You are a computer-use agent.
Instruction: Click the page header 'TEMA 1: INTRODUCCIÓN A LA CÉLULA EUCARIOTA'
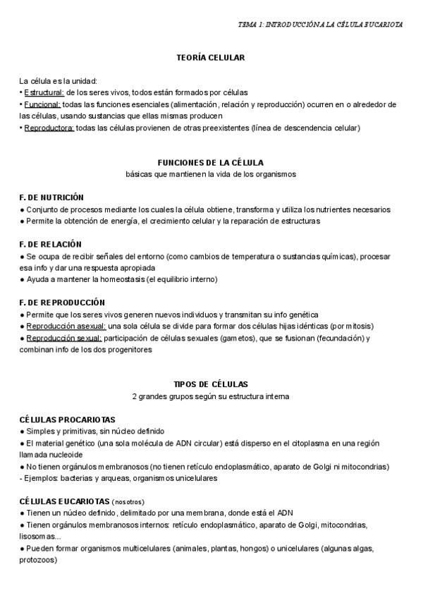[x=320, y=24]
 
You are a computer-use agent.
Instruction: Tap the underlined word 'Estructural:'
[x=44, y=92]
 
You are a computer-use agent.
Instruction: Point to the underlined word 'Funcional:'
[x=42, y=104]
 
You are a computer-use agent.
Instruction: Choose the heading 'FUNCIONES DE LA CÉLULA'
[x=211, y=162]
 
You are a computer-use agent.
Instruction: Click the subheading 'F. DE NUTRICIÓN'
[x=51, y=197]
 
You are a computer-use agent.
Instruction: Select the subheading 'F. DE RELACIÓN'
[x=50, y=244]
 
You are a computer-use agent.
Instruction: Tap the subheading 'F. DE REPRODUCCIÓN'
[x=62, y=302]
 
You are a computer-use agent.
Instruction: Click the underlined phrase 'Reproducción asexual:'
[x=66, y=326]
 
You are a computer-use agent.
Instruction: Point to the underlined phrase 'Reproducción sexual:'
[x=63, y=338]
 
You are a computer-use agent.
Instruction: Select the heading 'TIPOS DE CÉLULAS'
[x=211, y=384]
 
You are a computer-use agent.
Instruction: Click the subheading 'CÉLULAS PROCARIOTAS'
[x=68, y=419]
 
